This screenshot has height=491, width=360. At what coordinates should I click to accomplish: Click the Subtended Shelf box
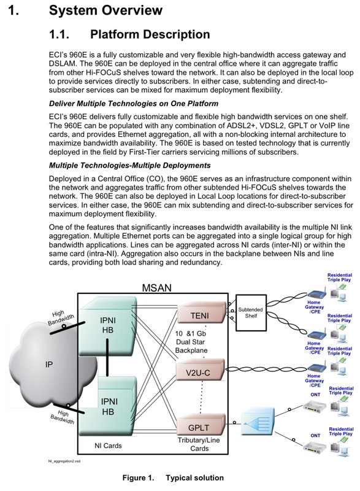(x=251, y=313)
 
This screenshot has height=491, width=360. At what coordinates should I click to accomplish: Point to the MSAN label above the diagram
(x=157, y=287)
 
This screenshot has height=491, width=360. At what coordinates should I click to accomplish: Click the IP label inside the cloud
(x=49, y=365)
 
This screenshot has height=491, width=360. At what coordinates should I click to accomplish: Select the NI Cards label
(x=108, y=446)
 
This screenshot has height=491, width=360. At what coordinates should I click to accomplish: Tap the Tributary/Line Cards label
(x=199, y=444)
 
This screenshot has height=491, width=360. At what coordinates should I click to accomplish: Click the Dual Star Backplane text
(x=191, y=346)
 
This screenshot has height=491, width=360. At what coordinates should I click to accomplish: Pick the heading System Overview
(x=105, y=10)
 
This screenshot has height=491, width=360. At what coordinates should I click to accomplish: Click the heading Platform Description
(x=150, y=34)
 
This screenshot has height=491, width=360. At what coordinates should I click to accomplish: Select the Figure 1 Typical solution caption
(x=173, y=477)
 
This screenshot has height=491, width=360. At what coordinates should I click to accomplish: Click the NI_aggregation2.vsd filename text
(x=64, y=462)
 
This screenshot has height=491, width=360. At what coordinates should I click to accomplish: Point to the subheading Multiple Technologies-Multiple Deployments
(x=130, y=165)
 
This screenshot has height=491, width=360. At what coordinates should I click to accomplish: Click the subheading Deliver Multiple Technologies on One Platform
(x=134, y=104)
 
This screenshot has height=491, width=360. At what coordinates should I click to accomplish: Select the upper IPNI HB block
(x=107, y=327)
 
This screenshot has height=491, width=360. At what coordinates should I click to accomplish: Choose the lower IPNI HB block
(x=107, y=406)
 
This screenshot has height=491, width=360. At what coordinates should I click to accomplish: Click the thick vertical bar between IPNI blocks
(x=107, y=357)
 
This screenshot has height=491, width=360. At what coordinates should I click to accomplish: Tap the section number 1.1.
(x=59, y=34)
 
